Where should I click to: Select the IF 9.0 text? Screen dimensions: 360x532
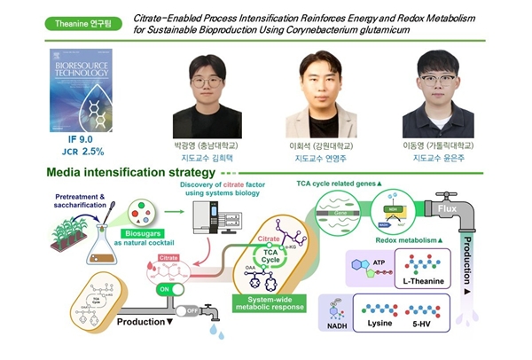(x=82, y=138)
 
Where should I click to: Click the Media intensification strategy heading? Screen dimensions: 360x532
(x=121, y=175)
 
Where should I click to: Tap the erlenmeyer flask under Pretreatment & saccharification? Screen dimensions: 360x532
(x=98, y=245)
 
